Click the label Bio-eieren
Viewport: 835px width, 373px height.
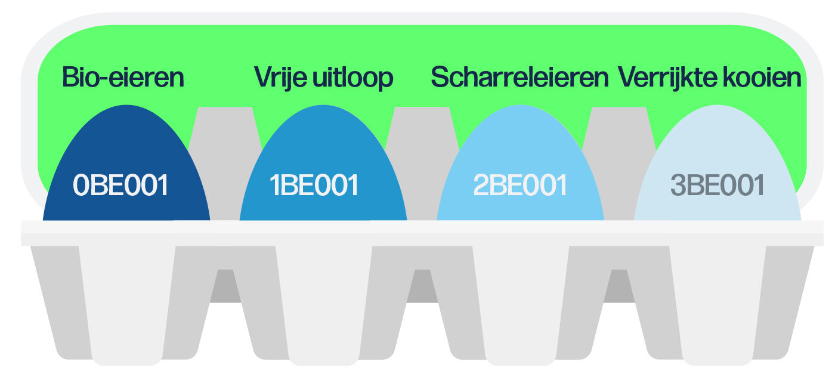pyautogui.click(x=123, y=78)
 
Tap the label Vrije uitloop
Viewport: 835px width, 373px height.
pyautogui.click(x=323, y=78)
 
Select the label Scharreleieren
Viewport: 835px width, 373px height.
pyautogui.click(x=519, y=78)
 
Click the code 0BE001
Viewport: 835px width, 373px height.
pyautogui.click(x=120, y=186)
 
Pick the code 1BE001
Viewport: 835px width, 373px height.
pyautogui.click(x=314, y=186)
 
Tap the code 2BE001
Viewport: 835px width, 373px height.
pyautogui.click(x=519, y=186)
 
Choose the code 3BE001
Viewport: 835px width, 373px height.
pyautogui.click(x=718, y=186)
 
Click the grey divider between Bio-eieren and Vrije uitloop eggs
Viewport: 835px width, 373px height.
pyautogui.click(x=225, y=161)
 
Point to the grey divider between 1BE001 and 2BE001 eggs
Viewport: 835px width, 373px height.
pyautogui.click(x=422, y=161)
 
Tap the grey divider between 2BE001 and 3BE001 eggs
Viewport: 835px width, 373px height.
pyautogui.click(x=618, y=161)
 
